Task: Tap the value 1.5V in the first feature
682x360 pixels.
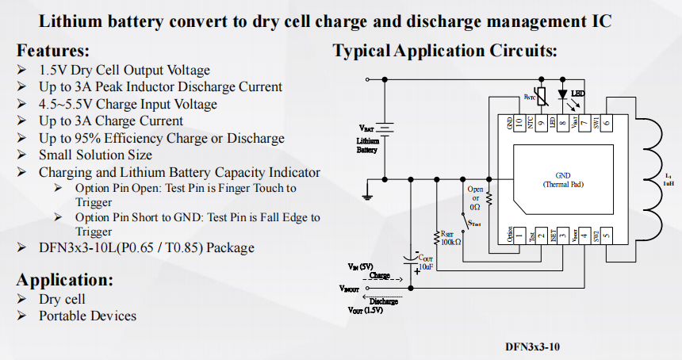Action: [x=53, y=70]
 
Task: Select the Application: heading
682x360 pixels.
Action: [x=64, y=280]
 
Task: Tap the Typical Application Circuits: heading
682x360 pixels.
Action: [x=444, y=51]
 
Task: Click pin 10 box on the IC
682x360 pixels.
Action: [x=520, y=123]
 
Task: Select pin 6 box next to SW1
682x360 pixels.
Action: [x=606, y=123]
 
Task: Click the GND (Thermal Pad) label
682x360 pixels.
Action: [x=562, y=179]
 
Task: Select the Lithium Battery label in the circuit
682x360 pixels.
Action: [x=366, y=145]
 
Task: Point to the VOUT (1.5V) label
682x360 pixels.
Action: [x=366, y=310]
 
